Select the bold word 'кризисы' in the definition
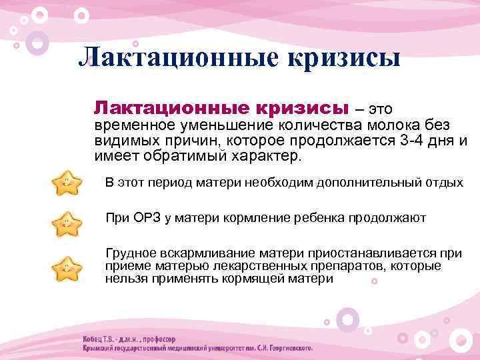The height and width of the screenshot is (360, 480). pyautogui.click(x=302, y=108)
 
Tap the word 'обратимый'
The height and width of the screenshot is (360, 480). pyautogui.click(x=173, y=156)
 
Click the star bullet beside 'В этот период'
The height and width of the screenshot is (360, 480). pyautogui.click(x=67, y=184)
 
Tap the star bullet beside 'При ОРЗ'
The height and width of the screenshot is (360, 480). pyautogui.click(x=67, y=223)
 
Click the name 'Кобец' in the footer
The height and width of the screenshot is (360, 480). pyautogui.click(x=95, y=337)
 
